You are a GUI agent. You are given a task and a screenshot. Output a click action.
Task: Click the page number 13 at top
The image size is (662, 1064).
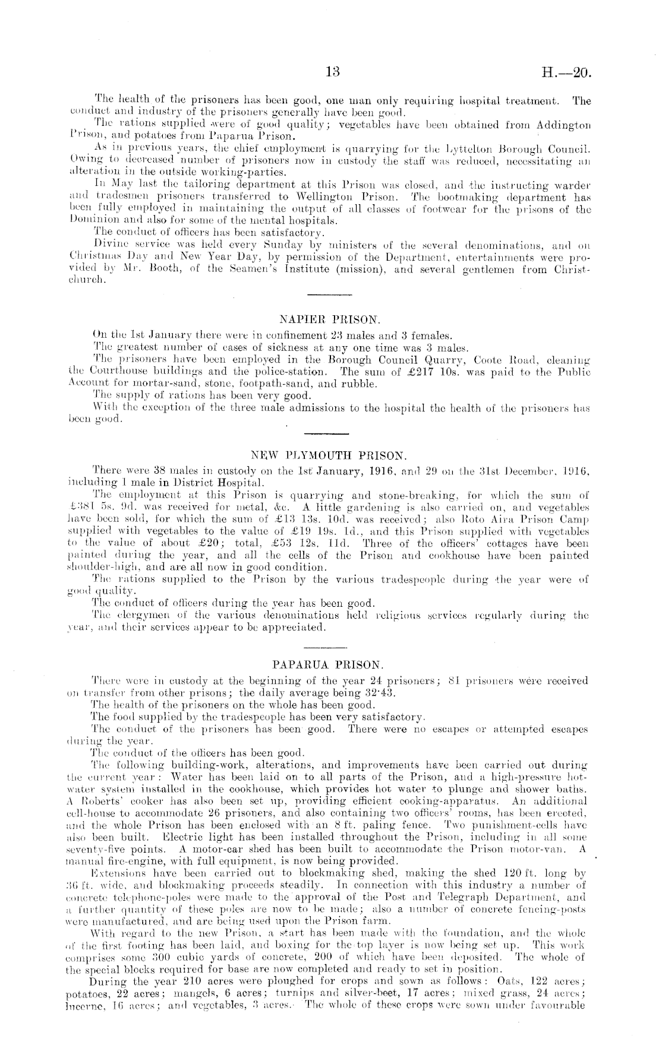[332, 72]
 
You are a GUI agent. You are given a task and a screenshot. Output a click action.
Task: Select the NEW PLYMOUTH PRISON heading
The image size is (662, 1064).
[329, 457]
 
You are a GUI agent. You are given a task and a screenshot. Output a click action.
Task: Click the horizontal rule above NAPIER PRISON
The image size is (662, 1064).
[330, 294]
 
